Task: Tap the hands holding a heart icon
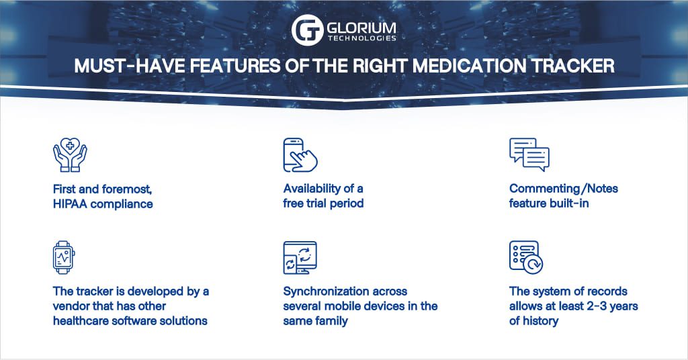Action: pyautogui.click(x=70, y=155)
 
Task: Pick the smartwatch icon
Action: pyautogui.click(x=64, y=257)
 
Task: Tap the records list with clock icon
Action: pyautogui.click(x=525, y=257)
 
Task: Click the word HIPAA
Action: pyautogui.click(x=70, y=203)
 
